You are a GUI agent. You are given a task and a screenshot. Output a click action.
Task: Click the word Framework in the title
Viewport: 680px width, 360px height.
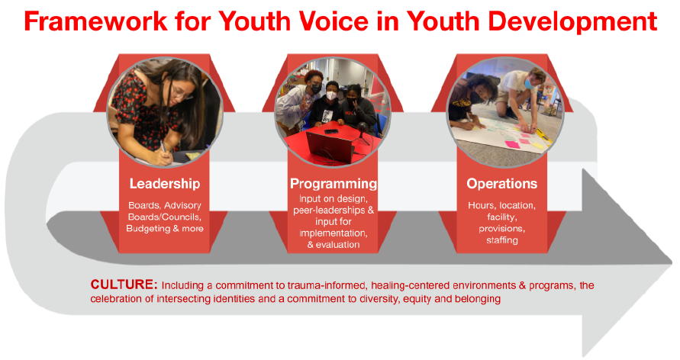[x=96, y=21]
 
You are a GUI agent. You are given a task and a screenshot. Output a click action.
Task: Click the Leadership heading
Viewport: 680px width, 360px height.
[x=165, y=184]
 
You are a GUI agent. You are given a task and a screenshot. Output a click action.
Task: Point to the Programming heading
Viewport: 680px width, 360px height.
[x=334, y=184]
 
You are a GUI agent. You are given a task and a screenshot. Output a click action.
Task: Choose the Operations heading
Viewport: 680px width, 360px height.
[x=501, y=184]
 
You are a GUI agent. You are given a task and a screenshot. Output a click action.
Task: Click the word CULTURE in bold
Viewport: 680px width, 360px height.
[x=124, y=284]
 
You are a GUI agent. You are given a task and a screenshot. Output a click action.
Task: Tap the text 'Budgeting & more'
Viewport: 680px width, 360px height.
[x=165, y=228]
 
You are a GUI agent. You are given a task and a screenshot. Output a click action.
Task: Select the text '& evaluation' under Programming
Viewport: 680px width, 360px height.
[x=334, y=244]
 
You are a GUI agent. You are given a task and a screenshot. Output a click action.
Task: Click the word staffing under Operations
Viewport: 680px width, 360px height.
[x=501, y=240]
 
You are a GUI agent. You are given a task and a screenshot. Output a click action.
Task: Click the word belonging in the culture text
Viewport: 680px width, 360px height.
[x=478, y=299]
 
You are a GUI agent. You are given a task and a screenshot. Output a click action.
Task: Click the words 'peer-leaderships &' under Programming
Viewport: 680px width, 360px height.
[x=334, y=210]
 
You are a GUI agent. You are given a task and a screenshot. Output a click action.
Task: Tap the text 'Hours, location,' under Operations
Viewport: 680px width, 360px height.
[x=501, y=205]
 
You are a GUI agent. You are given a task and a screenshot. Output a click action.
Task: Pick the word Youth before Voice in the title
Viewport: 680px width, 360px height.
[x=254, y=21]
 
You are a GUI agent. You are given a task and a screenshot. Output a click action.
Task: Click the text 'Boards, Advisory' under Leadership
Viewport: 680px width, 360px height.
[x=165, y=205]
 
